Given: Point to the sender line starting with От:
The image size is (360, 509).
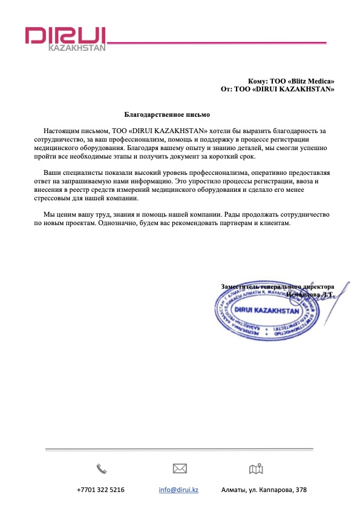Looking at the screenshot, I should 278,89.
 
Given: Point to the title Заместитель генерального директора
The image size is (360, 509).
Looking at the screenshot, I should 277,286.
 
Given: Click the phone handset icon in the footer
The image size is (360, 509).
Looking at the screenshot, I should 101,468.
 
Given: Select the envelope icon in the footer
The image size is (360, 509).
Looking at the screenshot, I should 179,468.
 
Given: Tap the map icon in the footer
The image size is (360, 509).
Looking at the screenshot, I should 256,468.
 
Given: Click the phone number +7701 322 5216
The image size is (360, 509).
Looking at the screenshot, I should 100,490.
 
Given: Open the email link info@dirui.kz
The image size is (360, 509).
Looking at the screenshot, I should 178,490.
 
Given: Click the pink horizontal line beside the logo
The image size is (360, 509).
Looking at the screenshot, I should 218,42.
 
